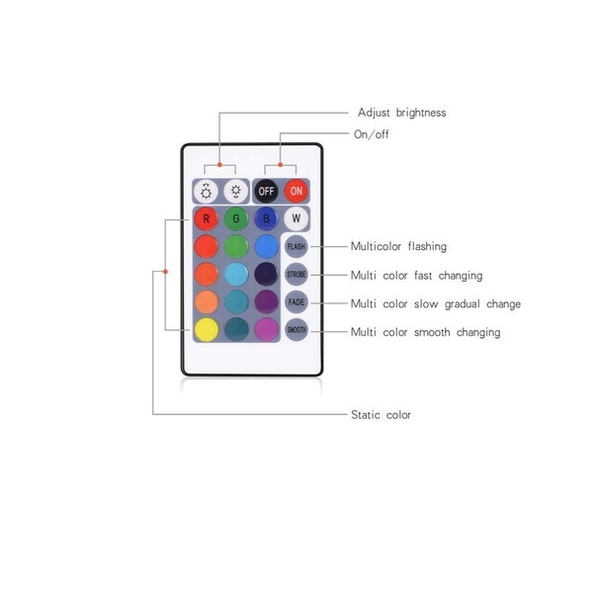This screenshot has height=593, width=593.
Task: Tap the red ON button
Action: (296, 191)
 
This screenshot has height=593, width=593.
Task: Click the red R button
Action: (207, 218)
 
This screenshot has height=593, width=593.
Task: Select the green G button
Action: (236, 218)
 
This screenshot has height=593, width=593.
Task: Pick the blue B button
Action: (266, 218)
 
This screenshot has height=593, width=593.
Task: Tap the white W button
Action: (296, 218)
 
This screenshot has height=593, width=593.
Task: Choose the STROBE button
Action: (296, 274)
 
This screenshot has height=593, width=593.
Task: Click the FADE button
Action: (296, 302)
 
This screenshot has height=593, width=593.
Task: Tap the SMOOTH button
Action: (296, 330)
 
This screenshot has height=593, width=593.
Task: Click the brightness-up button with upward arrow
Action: (207, 192)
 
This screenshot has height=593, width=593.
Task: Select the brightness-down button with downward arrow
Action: (236, 192)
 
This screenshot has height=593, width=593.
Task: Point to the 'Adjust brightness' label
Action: (402, 113)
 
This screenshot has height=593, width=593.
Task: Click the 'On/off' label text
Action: (372, 134)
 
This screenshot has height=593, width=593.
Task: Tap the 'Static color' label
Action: (381, 415)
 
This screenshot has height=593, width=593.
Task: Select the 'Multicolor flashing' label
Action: (398, 246)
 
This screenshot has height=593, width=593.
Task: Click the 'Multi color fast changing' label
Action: (416, 276)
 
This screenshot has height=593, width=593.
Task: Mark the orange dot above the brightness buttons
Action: (219, 165)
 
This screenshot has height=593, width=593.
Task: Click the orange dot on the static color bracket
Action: (165, 272)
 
